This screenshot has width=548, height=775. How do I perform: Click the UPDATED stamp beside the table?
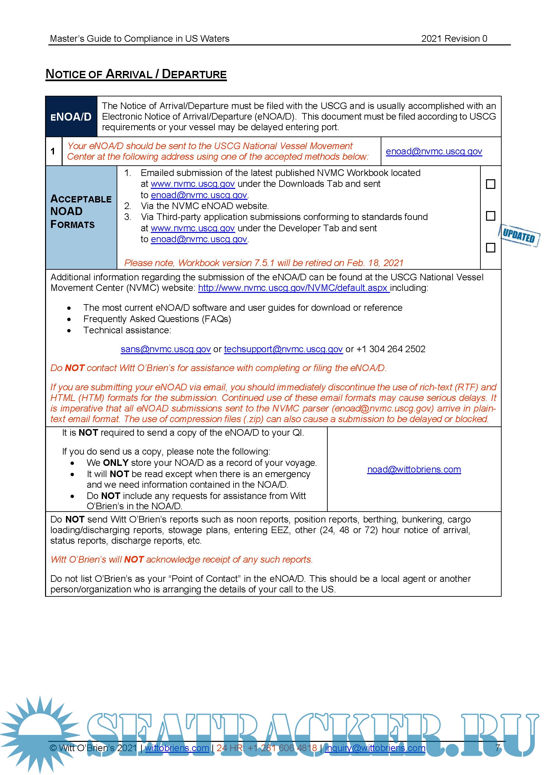(x=519, y=235)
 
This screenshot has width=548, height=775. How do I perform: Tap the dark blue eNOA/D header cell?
(x=71, y=117)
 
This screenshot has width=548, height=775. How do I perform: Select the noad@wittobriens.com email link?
(x=414, y=470)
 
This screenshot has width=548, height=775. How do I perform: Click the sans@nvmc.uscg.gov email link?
(x=166, y=349)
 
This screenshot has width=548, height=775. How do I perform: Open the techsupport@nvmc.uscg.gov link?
(x=284, y=349)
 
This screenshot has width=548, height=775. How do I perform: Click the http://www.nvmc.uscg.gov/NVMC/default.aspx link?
(x=293, y=288)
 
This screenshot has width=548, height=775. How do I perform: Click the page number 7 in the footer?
(x=498, y=747)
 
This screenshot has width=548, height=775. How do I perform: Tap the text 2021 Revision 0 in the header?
(x=454, y=39)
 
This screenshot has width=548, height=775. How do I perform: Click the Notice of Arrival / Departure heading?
(x=136, y=74)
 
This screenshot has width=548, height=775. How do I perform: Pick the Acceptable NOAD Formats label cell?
(x=81, y=212)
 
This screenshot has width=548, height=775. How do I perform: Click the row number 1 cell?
(x=53, y=151)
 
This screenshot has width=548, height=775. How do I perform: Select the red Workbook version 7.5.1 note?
(x=263, y=263)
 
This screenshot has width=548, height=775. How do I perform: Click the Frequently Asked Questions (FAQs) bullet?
(x=157, y=319)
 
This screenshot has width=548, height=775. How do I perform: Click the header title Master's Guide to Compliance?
(x=139, y=39)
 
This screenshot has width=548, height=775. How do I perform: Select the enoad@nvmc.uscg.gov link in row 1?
(x=434, y=151)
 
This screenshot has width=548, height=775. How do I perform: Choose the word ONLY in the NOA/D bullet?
(x=116, y=463)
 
